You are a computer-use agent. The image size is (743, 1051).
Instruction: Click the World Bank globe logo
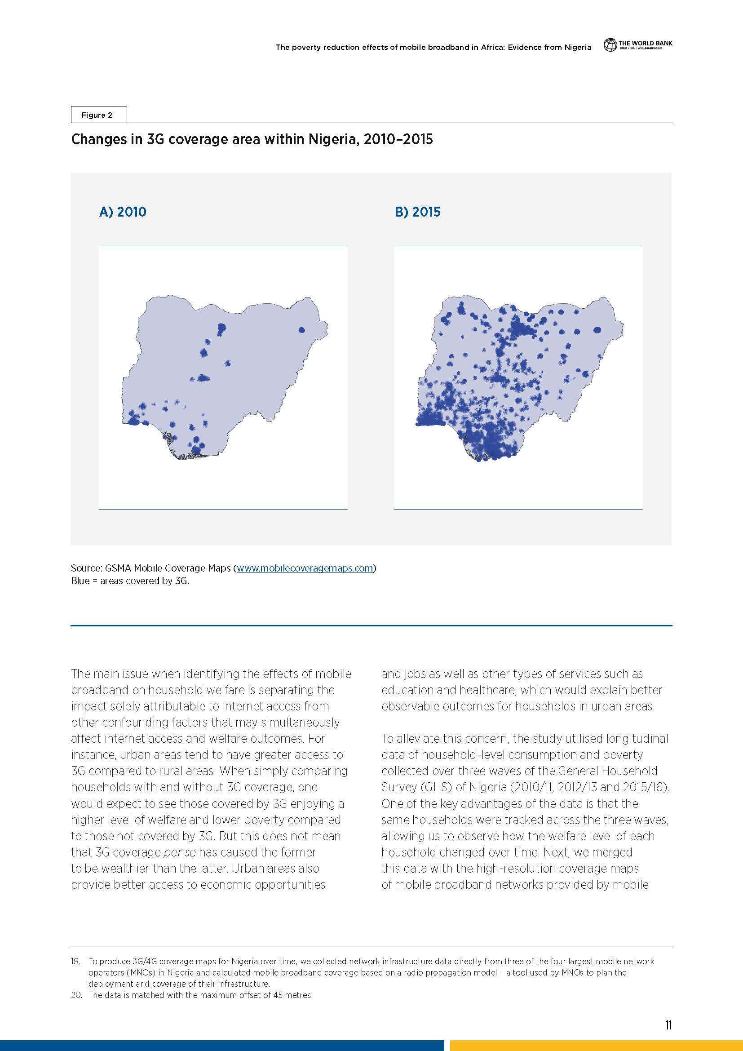pos(610,45)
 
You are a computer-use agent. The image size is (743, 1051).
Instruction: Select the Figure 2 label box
pos(98,115)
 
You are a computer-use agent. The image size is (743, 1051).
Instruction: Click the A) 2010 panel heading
pos(123,212)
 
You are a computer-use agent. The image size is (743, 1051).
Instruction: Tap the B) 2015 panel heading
pos(417,212)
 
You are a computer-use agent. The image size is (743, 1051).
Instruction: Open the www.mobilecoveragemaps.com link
pos(305,568)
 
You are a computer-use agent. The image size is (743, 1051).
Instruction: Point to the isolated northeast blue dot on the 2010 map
pos(301,329)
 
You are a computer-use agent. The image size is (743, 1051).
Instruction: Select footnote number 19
pos(75,961)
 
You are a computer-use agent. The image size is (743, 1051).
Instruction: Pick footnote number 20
pos(76,995)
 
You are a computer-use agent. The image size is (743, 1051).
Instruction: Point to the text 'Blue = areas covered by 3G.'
pos(130,581)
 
